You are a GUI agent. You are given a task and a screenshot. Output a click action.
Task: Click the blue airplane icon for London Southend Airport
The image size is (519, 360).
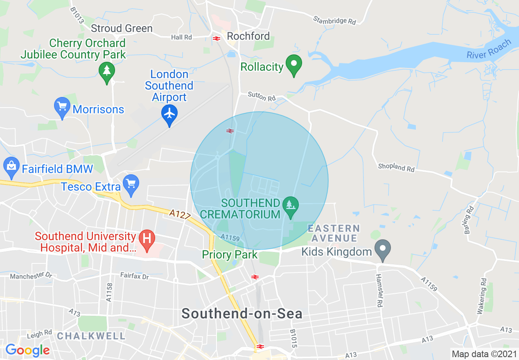(x=169, y=113)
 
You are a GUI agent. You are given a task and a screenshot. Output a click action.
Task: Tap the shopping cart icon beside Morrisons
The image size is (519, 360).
(x=62, y=107)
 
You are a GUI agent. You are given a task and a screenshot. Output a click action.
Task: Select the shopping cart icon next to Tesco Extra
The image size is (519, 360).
(x=131, y=184)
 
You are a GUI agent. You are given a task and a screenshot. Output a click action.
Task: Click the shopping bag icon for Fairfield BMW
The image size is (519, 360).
(x=11, y=166)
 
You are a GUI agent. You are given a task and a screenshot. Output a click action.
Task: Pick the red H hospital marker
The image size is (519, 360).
(x=147, y=238)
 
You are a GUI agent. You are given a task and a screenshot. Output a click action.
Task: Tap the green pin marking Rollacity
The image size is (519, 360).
(x=293, y=65)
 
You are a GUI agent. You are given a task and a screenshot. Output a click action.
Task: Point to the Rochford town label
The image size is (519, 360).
(x=248, y=36)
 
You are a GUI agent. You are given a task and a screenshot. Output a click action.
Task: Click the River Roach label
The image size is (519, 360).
(x=489, y=49)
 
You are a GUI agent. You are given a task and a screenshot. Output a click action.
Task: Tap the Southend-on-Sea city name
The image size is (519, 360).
(x=242, y=314)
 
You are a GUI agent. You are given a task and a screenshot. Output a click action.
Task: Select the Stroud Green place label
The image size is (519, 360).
(x=122, y=28)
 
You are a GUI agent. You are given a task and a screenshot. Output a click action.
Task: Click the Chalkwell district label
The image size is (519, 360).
(x=91, y=336)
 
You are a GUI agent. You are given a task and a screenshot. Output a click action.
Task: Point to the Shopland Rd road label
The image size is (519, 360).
(x=396, y=167)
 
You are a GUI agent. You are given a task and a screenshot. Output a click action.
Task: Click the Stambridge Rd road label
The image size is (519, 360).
(x=334, y=20)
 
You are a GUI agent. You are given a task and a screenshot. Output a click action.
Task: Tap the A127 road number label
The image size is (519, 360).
(x=180, y=214)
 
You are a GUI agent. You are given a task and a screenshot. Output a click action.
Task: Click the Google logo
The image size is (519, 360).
(x=27, y=350)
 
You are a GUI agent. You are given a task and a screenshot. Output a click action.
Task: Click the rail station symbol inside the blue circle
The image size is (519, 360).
(x=230, y=131)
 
